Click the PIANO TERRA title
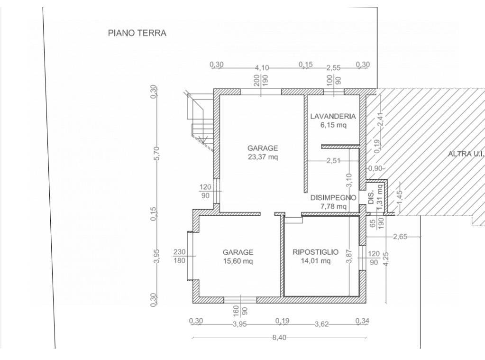[x=137, y=33]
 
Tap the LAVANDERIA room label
[x=333, y=116]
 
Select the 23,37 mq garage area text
[x=263, y=157]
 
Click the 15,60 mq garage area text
[x=238, y=261]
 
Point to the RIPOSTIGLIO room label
[x=315, y=252]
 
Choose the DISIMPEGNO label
[x=333, y=198]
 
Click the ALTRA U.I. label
[x=466, y=154]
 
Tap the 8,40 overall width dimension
[x=279, y=338]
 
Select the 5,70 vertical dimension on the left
[x=156, y=153]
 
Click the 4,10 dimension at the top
[x=262, y=68]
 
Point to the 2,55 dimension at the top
[x=333, y=68]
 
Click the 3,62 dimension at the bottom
[x=322, y=324]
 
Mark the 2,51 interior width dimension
[x=333, y=161]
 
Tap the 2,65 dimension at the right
[x=400, y=237]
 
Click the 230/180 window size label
[x=179, y=256]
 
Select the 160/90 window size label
[x=240, y=311]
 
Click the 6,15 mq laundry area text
[x=333, y=125]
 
